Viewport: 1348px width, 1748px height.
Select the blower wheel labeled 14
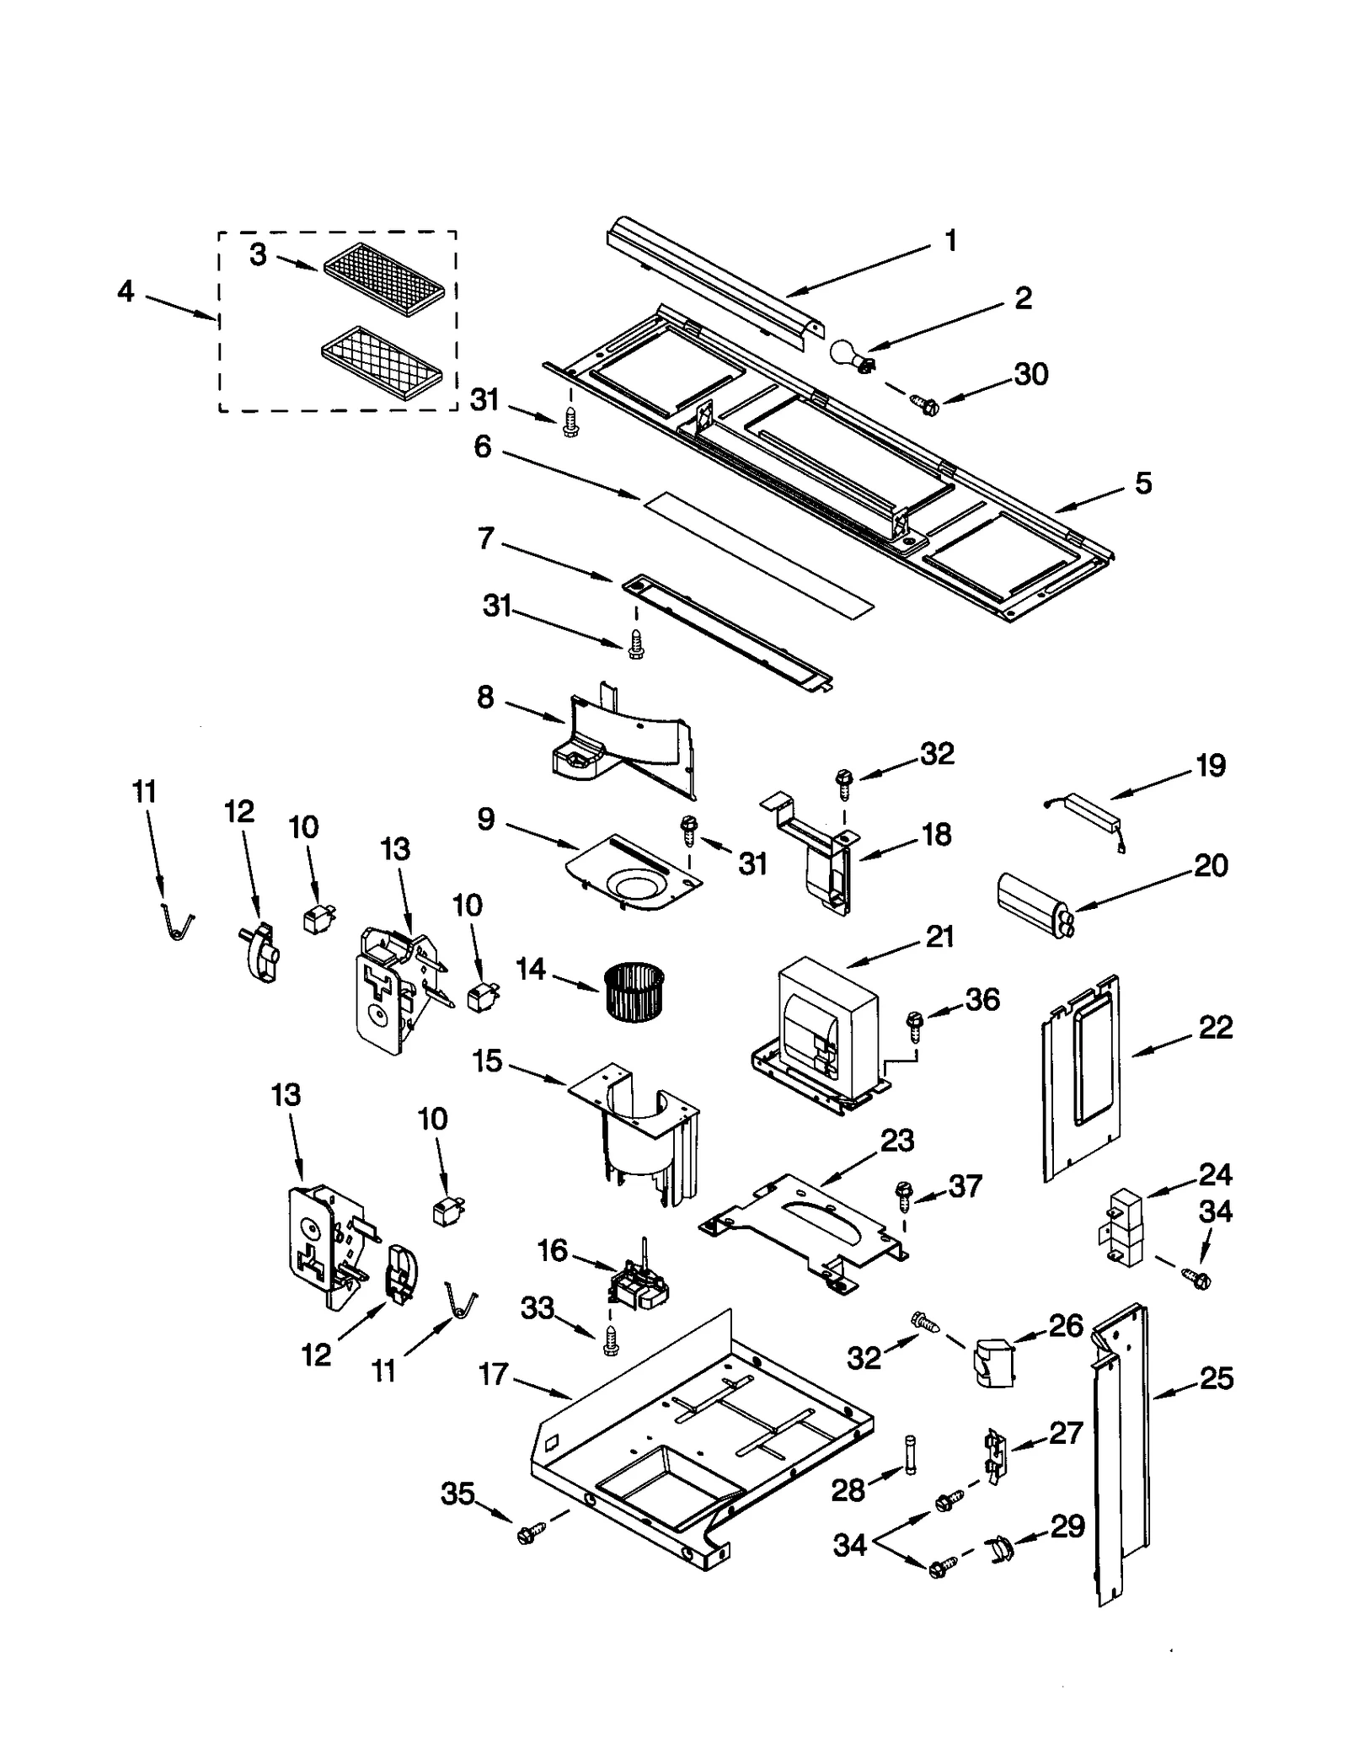634,991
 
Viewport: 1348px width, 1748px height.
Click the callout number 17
493,1374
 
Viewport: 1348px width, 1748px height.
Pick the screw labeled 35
527,1535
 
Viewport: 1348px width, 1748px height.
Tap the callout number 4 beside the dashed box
126,291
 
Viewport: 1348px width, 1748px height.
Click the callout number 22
1215,1027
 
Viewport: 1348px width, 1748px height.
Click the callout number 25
1216,1379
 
